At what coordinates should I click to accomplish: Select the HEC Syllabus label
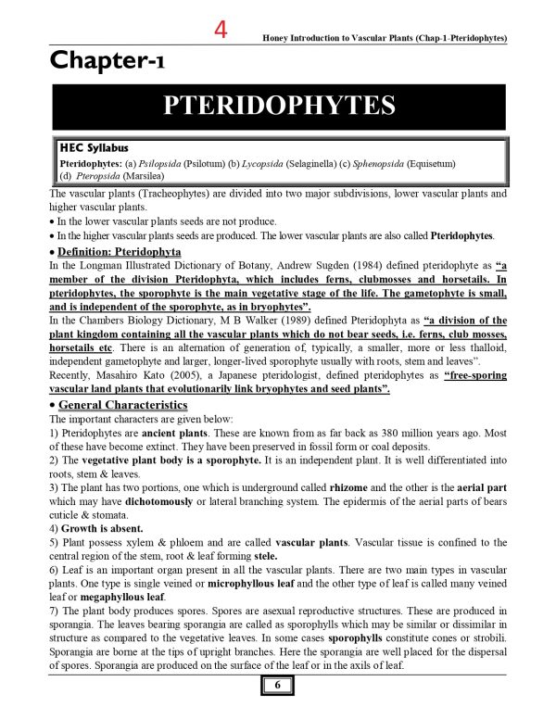coord(94,147)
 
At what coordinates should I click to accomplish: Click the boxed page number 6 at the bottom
coord(276,687)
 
